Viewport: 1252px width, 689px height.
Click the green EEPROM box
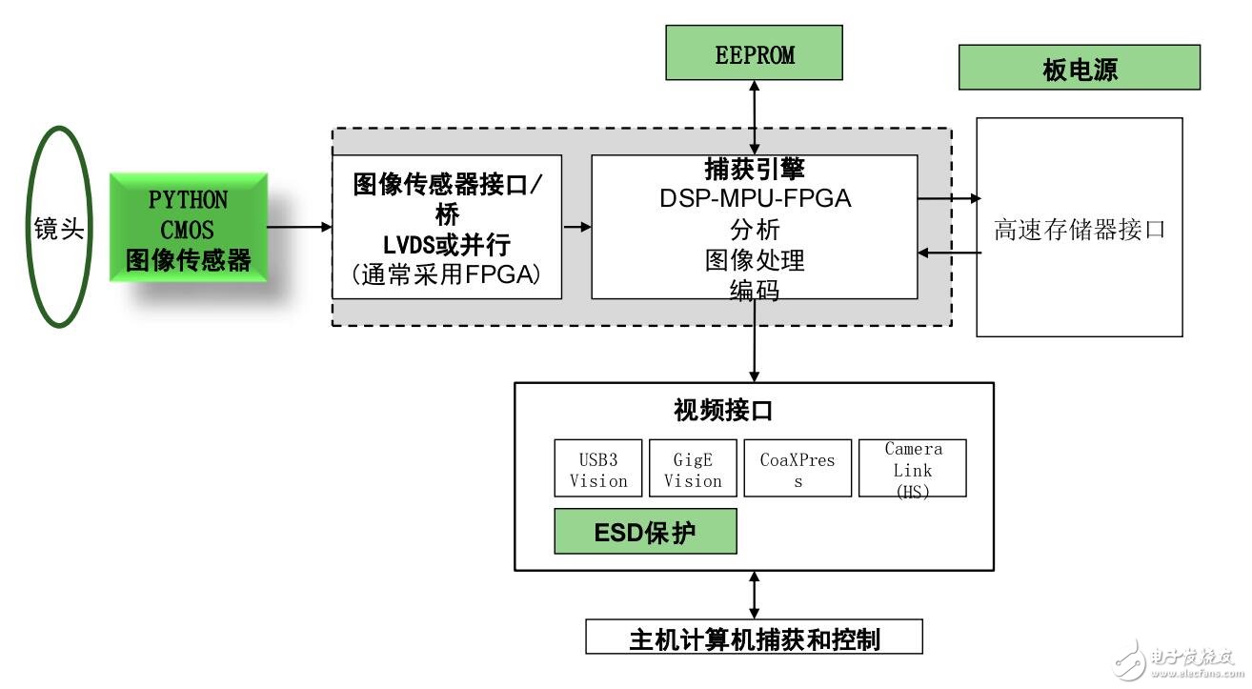point(755,53)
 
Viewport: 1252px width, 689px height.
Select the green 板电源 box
point(1079,68)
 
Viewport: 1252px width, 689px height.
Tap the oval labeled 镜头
point(59,230)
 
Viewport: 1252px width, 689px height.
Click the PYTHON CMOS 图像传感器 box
point(189,229)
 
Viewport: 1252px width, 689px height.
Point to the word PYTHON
point(189,200)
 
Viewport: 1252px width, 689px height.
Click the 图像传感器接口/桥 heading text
point(447,197)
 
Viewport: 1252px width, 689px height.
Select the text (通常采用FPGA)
point(447,275)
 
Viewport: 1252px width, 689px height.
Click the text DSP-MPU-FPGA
point(755,199)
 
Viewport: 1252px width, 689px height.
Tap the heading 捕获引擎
point(755,169)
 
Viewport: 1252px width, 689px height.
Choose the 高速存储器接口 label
point(1079,230)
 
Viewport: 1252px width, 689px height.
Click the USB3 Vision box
point(597,469)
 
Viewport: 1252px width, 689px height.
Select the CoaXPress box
point(798,469)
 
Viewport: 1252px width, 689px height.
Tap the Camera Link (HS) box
point(912,469)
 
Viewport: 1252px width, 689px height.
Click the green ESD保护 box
point(645,532)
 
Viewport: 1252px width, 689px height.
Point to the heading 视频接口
point(724,411)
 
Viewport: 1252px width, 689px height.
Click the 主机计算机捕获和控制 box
point(754,638)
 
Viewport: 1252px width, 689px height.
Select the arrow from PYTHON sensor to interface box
point(299,227)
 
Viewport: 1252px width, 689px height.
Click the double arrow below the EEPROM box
point(755,114)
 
